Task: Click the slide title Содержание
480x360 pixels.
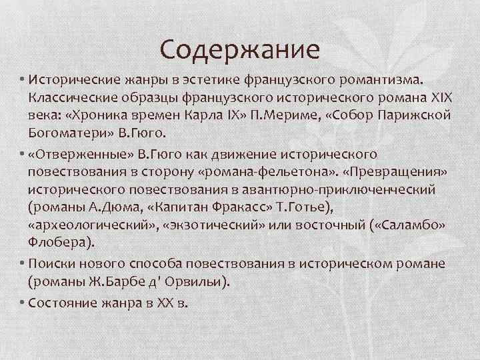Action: tap(241, 49)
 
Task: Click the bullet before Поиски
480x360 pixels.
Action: tap(22, 265)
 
